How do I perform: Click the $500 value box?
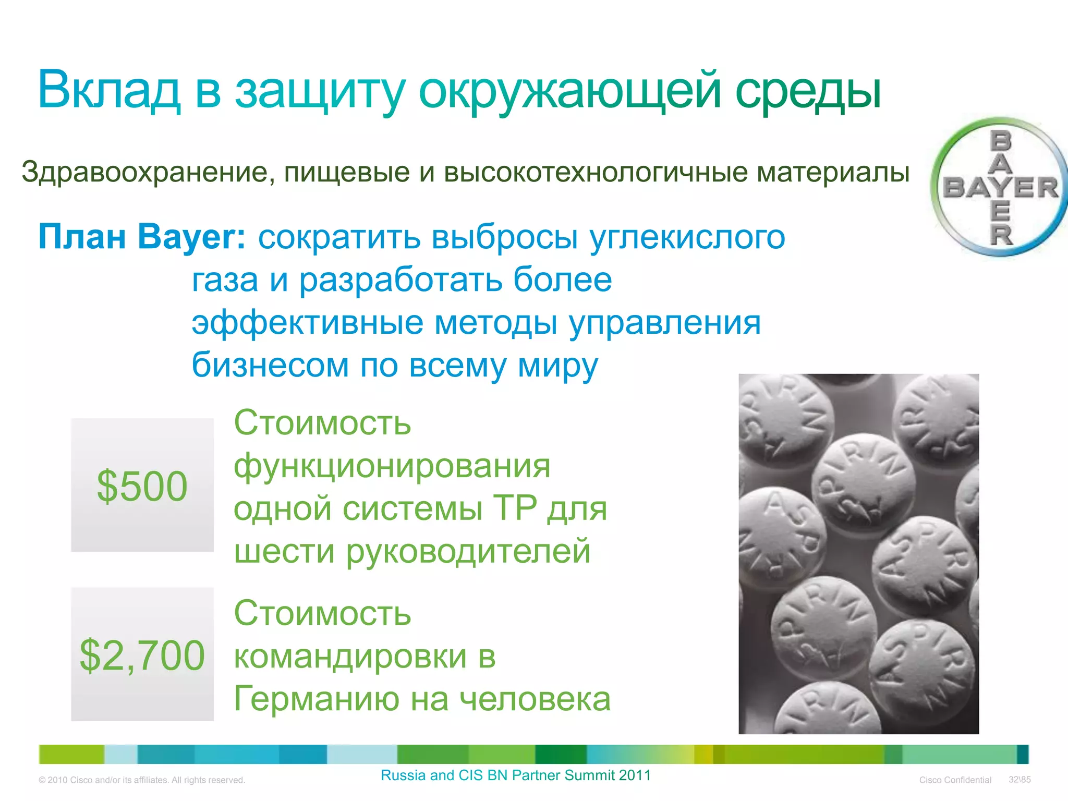pos(142,486)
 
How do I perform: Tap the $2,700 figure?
pos(142,655)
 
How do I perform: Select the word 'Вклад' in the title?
pos(109,90)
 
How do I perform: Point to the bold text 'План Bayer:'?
pos(142,237)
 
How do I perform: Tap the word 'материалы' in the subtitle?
pos(833,172)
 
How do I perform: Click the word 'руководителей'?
pos(468,551)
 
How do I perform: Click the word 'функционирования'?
pos(392,466)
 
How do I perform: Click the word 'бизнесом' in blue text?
pos(270,365)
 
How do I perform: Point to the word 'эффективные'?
pos(307,323)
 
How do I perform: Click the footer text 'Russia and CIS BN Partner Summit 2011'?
pos(516,775)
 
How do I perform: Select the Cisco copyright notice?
pos(142,780)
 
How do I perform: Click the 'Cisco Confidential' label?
pos(955,780)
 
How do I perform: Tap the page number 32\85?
pos(1020,780)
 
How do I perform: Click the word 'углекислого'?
pos(687,238)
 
